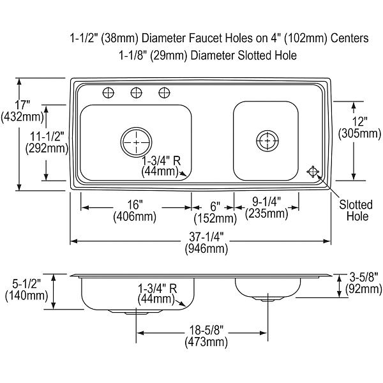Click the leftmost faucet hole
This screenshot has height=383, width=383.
coord(109,93)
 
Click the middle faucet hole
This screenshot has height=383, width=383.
coord(137,93)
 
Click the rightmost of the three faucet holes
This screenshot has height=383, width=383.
coord(164,93)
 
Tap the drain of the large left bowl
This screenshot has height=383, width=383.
coord(137,142)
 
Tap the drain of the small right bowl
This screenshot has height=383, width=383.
coord(267,140)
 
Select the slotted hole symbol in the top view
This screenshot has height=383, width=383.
coord(313,172)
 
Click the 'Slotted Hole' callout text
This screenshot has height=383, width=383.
coord(356,210)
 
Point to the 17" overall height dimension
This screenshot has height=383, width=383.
coord(22,111)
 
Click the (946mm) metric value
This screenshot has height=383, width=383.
coord(206,249)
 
